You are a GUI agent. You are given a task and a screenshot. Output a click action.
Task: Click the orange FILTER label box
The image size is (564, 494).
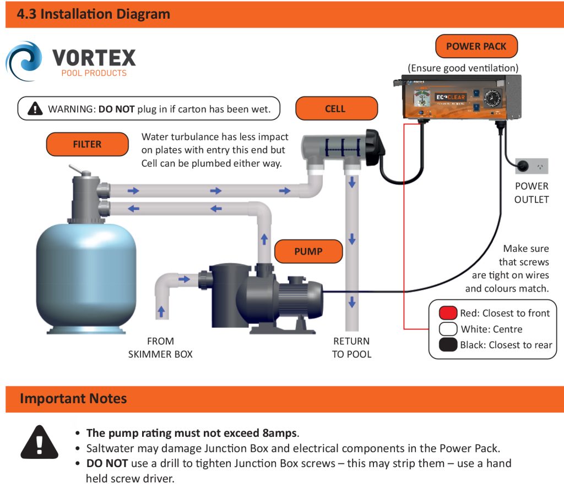(87, 144)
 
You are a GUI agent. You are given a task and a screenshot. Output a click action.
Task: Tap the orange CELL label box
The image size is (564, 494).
(336, 108)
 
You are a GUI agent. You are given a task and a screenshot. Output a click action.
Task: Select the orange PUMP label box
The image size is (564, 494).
(308, 251)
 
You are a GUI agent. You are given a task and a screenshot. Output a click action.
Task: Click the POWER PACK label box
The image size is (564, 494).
(476, 46)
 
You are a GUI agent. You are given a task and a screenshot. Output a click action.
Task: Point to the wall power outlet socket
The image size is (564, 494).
(532, 165)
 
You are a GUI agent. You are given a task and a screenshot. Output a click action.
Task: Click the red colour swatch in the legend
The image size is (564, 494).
(448, 314)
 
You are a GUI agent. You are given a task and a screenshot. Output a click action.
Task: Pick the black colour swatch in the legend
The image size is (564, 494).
(448, 345)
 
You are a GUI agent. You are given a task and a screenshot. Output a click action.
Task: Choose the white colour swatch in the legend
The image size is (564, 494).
(448, 329)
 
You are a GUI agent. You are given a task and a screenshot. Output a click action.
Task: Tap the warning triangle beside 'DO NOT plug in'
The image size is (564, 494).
(36, 108)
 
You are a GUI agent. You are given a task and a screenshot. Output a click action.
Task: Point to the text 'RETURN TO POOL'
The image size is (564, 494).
(351, 348)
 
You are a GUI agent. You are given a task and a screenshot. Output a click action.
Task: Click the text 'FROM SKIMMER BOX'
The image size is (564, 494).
(160, 348)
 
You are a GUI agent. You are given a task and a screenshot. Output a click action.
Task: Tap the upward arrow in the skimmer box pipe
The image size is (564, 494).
(161, 311)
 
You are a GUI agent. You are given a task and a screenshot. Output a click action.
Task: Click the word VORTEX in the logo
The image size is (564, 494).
(94, 57)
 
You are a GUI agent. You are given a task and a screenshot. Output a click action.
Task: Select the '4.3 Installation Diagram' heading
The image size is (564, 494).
(94, 14)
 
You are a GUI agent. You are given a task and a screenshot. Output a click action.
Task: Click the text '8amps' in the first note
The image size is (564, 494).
(280, 432)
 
